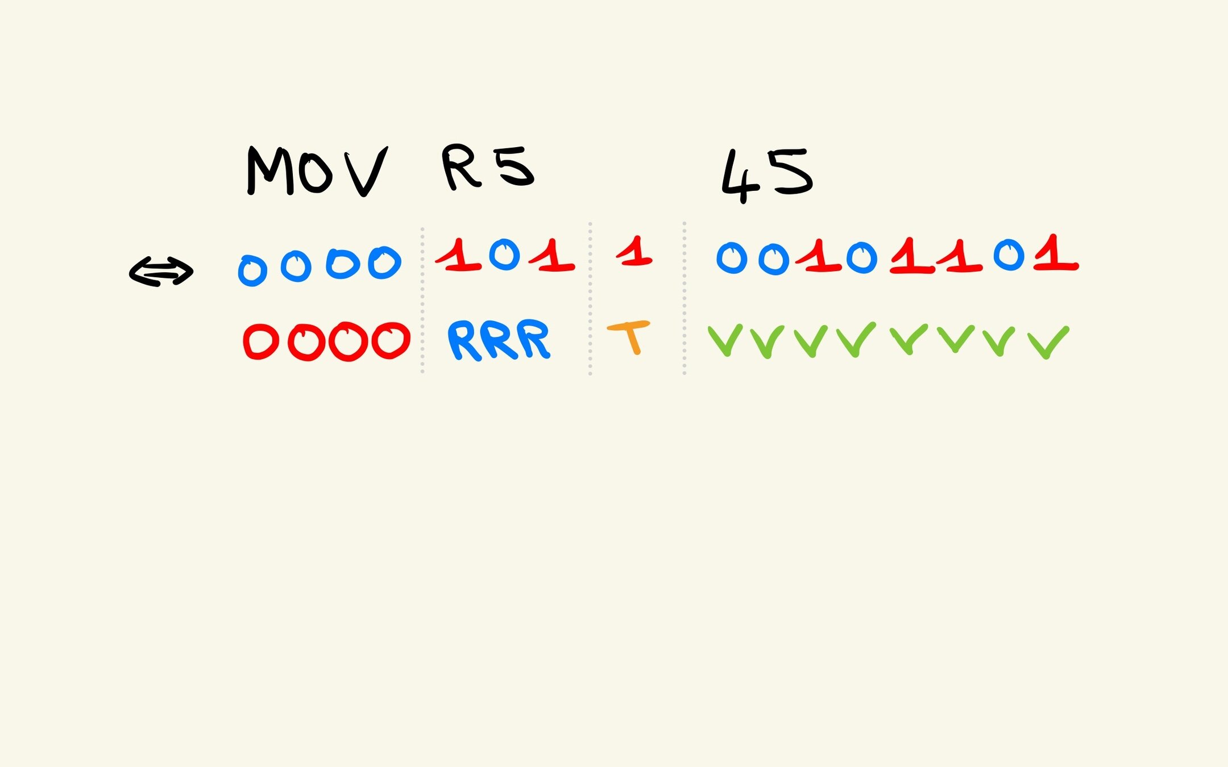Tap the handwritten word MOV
[x=317, y=171]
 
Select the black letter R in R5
[x=460, y=166]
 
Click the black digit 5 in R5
[x=513, y=166]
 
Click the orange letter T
[x=629, y=336]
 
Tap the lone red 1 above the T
[x=636, y=252]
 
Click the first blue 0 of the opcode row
[x=252, y=270]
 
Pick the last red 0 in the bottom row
[x=391, y=340]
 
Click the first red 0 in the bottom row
[x=261, y=341]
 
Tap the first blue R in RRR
[x=464, y=340]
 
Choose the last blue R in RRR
[x=535, y=339]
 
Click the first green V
[x=725, y=340]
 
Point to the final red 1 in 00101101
[x=1056, y=255]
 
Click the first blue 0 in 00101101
[x=732, y=258]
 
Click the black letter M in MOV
[x=269, y=171]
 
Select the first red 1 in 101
[x=459, y=256]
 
